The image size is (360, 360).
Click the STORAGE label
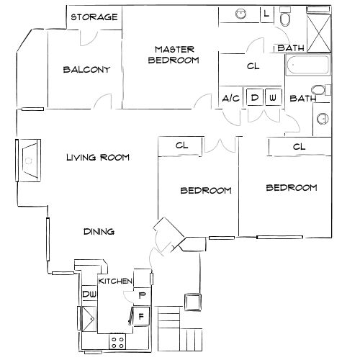click(94, 17)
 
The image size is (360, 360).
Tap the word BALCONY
click(86, 70)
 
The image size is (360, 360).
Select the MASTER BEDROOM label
click(173, 55)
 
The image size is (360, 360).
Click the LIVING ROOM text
click(98, 157)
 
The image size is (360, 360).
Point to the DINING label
click(99, 231)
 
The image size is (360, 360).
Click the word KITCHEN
click(115, 281)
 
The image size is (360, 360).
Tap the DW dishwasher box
click(89, 294)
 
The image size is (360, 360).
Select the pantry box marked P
click(142, 295)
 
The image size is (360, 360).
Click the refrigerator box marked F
click(142, 315)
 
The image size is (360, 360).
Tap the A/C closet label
click(231, 98)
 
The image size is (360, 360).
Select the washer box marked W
click(273, 97)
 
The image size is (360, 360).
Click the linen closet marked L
click(266, 13)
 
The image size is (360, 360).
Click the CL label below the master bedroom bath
click(252, 67)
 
